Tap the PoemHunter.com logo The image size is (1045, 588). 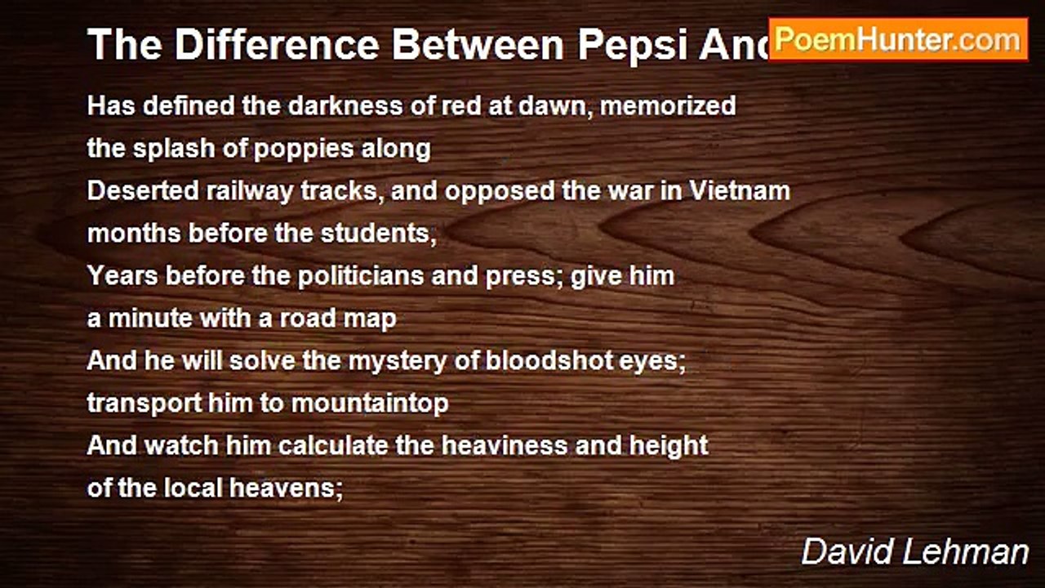click(x=898, y=39)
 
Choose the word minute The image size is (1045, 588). click(x=145, y=318)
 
